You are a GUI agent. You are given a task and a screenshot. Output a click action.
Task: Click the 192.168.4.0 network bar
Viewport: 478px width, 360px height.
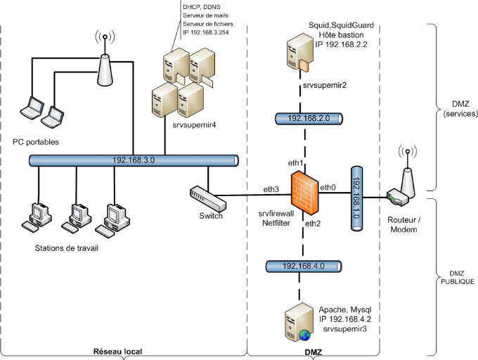click(304, 266)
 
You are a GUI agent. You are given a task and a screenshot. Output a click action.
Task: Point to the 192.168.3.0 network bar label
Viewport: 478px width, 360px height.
click(134, 160)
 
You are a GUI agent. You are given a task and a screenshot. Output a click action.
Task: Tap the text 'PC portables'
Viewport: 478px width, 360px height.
click(37, 141)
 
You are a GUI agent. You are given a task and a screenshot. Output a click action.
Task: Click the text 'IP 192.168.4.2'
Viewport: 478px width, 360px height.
click(345, 318)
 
